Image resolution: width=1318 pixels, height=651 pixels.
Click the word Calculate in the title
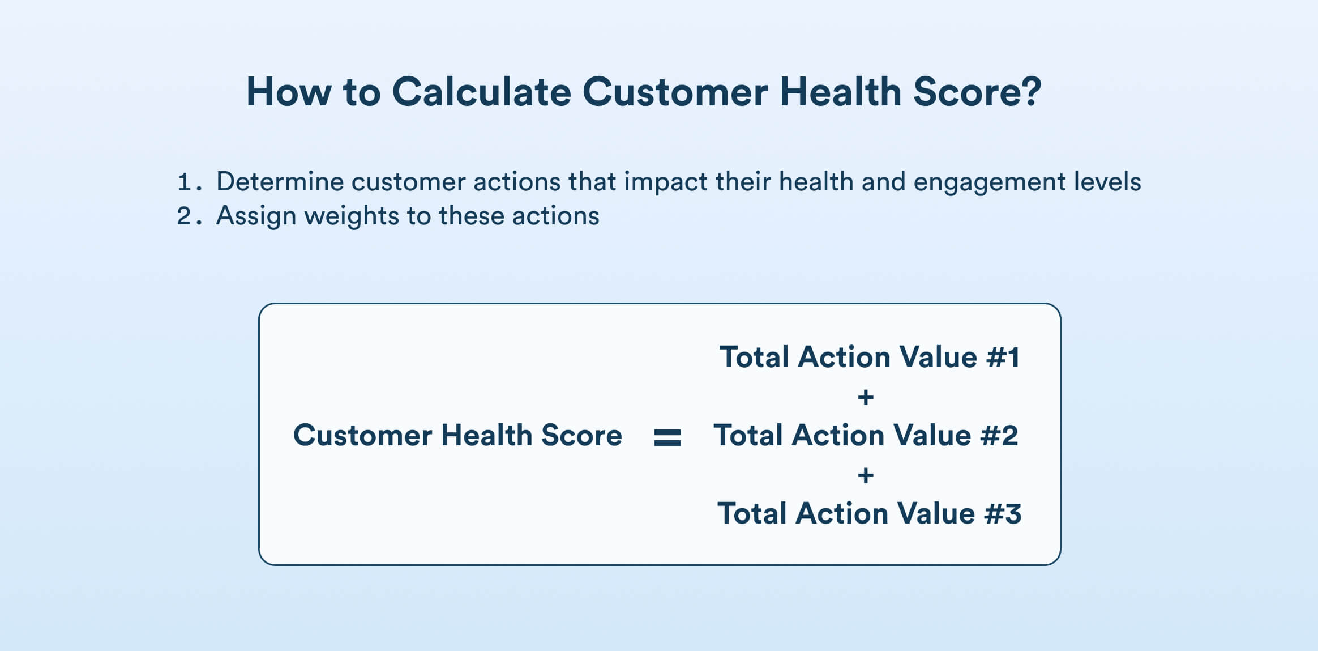(481, 92)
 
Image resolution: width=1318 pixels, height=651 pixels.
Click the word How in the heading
(288, 92)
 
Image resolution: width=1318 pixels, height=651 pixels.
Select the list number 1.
(186, 182)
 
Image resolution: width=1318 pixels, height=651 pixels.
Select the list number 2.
(186, 216)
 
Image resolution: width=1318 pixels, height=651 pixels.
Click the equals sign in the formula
(667, 437)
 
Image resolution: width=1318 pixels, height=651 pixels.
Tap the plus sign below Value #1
(865, 397)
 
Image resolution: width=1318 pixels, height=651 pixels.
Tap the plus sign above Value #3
(865, 475)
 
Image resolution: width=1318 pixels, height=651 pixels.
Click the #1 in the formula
(1003, 358)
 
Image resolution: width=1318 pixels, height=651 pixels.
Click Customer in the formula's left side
(362, 436)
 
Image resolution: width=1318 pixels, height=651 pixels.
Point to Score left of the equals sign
(581, 436)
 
